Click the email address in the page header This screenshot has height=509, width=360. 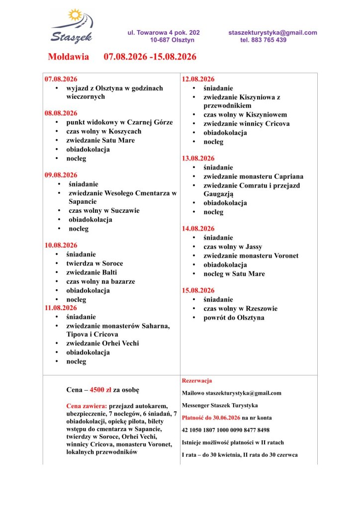point(272,33)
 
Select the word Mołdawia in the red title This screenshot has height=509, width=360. point(68,57)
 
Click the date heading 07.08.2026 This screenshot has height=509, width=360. point(61,79)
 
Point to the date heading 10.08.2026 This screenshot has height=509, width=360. point(61,246)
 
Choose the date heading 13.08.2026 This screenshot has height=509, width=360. point(198,159)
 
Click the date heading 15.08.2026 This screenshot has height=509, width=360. point(198,290)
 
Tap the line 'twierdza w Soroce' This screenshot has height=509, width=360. point(94,263)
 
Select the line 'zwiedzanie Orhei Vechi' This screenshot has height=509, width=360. point(102,343)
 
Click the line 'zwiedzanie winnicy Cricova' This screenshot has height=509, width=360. point(246,124)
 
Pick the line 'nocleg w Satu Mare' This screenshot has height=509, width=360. point(234,274)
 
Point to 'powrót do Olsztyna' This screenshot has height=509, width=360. point(234,318)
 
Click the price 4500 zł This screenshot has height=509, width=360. point(97,389)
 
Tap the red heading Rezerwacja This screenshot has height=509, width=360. point(197,381)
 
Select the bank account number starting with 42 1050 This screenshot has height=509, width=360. point(226,430)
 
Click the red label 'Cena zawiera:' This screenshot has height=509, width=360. point(87,406)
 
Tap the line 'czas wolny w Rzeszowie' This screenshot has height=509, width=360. point(240,309)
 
